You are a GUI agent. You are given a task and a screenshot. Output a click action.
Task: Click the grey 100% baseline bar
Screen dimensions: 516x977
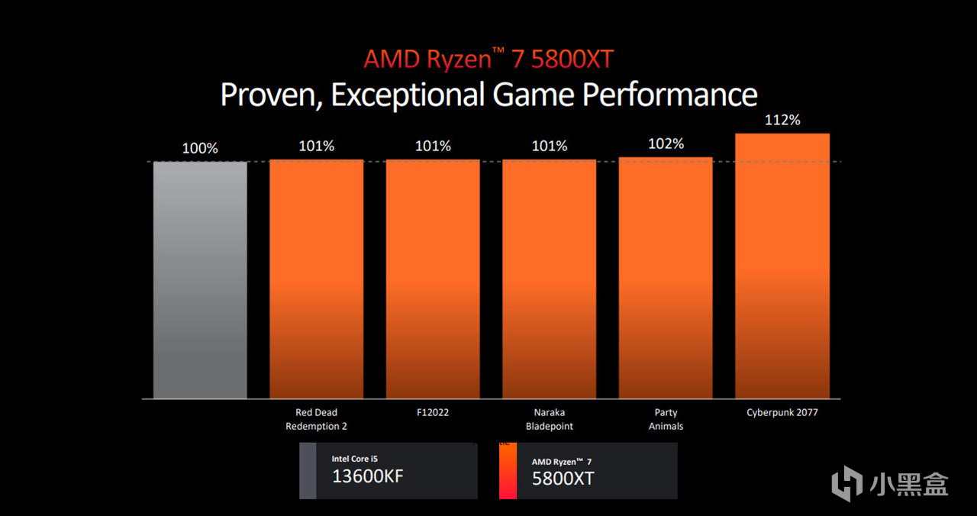[x=200, y=279]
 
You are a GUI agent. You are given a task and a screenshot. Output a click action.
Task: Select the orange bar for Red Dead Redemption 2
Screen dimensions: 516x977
[x=316, y=279]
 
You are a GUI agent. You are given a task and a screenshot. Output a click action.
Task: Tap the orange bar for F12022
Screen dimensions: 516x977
[x=433, y=279]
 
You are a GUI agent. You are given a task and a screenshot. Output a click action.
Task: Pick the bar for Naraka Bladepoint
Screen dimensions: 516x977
[x=549, y=279]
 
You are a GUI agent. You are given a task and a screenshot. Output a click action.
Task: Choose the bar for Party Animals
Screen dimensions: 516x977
[x=666, y=278]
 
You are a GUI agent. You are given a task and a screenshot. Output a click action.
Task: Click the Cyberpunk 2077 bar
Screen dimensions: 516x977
[x=782, y=266]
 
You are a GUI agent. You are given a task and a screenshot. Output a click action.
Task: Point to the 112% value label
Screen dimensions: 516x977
[x=782, y=121]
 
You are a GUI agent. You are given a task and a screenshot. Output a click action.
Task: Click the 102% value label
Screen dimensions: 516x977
[x=666, y=144]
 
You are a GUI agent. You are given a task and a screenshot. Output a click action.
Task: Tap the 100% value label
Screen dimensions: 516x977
[x=200, y=148]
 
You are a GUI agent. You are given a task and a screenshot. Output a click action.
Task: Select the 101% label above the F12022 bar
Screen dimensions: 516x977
[x=433, y=146]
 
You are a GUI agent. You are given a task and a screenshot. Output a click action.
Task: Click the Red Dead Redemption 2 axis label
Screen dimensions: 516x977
[x=316, y=419]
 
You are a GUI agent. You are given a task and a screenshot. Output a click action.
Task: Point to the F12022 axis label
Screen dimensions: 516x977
[x=433, y=412]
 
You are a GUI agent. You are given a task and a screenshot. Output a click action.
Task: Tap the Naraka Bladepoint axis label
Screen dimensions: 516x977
[x=549, y=419]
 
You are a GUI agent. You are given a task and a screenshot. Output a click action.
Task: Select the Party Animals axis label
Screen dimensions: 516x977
[x=666, y=419]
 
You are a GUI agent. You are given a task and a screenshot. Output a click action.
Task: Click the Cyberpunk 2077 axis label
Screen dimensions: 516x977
[x=782, y=412]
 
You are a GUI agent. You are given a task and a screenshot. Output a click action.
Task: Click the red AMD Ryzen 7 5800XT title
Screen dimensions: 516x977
[x=488, y=59]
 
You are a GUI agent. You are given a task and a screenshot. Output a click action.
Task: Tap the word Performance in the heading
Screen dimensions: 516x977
[x=669, y=95]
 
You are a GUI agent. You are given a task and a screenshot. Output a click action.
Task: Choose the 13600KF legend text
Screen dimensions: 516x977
[x=367, y=477]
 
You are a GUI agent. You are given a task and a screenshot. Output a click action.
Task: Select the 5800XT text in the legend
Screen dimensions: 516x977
[x=563, y=479]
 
